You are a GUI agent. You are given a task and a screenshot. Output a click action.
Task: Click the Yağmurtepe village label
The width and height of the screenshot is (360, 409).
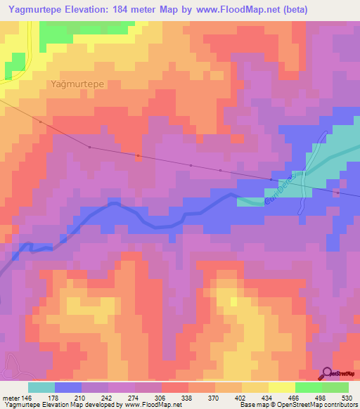(x=78, y=84)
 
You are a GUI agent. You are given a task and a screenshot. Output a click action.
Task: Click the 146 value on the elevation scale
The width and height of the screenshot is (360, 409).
(x=27, y=398)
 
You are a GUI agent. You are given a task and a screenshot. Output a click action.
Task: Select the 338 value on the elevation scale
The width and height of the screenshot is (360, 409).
(x=188, y=398)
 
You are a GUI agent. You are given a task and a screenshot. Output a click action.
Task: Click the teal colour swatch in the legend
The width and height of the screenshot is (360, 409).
(x=41, y=387)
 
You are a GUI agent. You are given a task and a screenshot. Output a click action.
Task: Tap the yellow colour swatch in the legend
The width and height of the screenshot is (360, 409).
(x=281, y=387)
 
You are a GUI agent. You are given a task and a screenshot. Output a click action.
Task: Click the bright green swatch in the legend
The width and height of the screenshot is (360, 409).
(x=308, y=387)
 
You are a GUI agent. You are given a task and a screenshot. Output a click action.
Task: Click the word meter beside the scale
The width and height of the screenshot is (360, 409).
(x=11, y=398)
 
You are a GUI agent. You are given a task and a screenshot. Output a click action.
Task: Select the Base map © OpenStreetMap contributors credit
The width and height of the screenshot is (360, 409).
(x=298, y=405)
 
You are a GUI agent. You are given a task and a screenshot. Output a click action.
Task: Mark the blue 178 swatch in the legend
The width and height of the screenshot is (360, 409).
(x=68, y=387)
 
